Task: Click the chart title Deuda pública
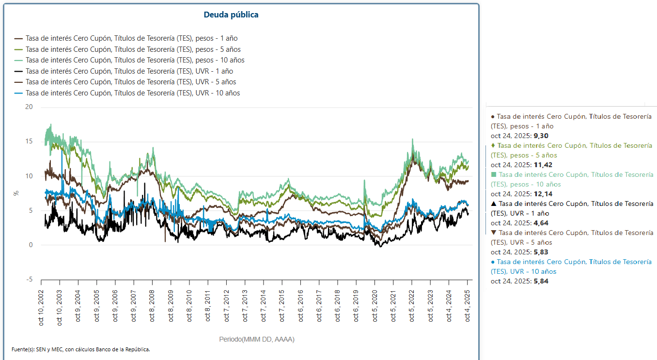[x=231, y=15]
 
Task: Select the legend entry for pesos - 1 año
[x=131, y=38]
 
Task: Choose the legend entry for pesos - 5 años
[x=133, y=49]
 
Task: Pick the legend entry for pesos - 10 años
[x=135, y=60]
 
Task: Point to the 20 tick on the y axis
[x=29, y=107]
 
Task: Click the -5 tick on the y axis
[x=29, y=280]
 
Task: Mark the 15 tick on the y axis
[x=29, y=141]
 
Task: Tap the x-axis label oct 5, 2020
[x=375, y=305]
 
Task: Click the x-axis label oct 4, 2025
[x=468, y=305]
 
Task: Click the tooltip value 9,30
[x=541, y=136]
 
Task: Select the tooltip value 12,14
[x=541, y=194]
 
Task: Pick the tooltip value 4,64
[x=541, y=223]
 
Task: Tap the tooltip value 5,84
[x=541, y=281]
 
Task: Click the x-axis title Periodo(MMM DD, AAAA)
[x=257, y=339]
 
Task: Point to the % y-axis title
[x=16, y=193]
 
